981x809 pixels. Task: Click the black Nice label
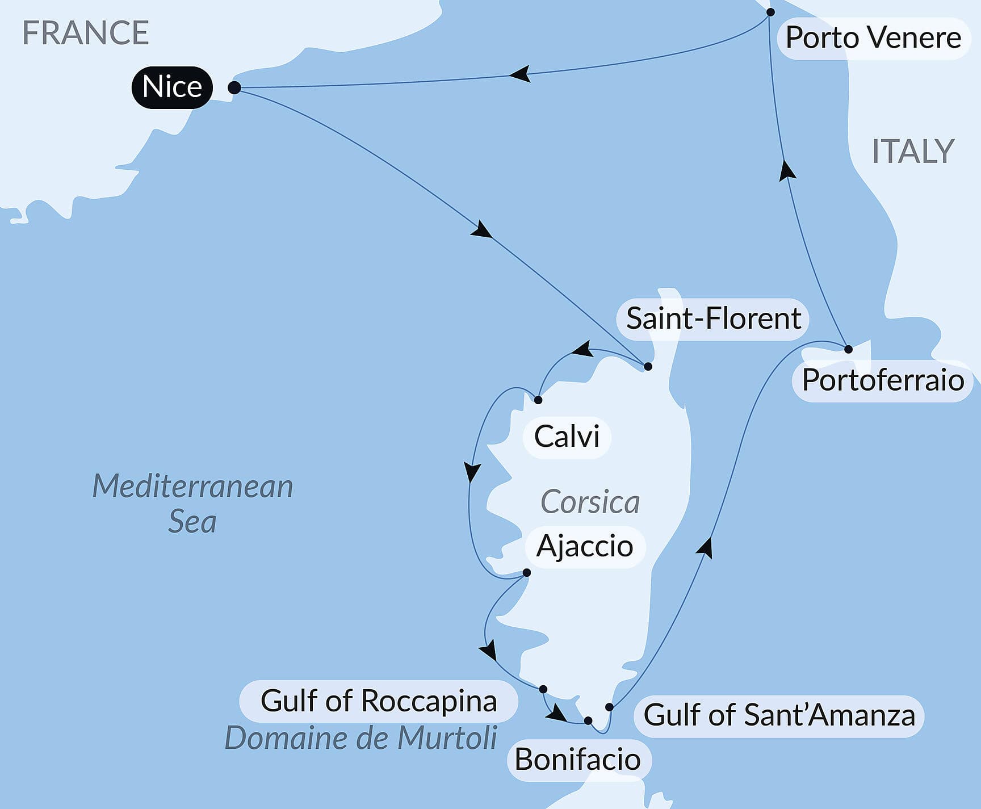[171, 87]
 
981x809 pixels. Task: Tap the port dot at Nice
[234, 88]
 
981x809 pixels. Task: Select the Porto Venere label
[873, 38]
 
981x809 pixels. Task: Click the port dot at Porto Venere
[770, 12]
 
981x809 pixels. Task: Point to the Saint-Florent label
[712, 318]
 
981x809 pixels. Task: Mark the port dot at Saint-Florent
[648, 366]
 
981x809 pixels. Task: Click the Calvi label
[567, 437]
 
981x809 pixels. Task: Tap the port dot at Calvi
[538, 400]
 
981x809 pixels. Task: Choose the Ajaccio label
[585, 546]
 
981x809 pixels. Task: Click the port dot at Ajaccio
[526, 572]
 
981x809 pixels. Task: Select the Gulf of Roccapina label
[379, 701]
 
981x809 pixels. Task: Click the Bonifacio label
[577, 760]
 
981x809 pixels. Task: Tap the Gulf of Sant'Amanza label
[779, 715]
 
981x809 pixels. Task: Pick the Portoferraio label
[882, 380]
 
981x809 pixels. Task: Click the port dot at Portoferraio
[848, 349]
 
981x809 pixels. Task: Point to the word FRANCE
[85, 33]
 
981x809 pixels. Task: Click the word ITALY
[913, 152]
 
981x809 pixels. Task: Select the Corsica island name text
[590, 502]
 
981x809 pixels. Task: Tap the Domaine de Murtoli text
[361, 738]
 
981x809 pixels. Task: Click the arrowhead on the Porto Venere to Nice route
[520, 74]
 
